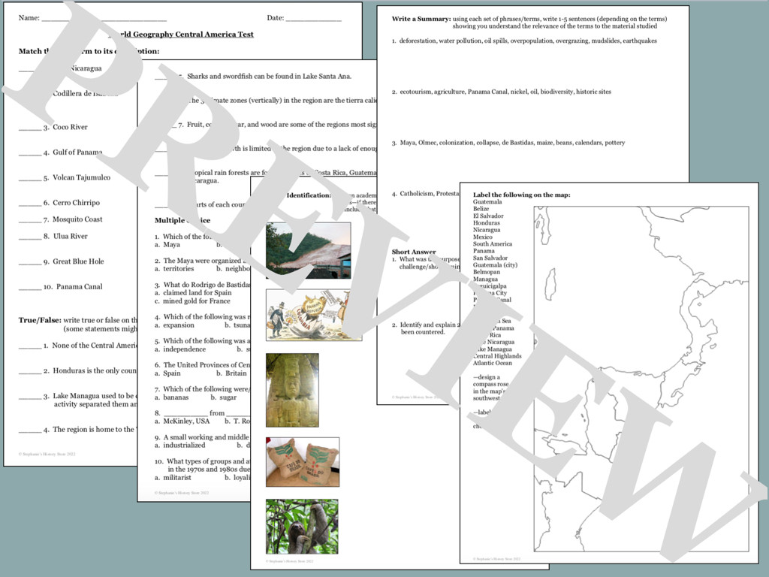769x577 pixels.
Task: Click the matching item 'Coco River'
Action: [70, 128]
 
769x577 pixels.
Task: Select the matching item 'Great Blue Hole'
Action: [78, 261]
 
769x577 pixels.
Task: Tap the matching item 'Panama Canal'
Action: [79, 287]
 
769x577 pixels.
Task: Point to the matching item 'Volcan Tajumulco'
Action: [81, 178]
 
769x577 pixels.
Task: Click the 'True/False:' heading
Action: [40, 320]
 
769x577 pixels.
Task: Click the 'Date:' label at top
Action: [276, 18]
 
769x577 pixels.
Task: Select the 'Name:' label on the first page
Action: [29, 18]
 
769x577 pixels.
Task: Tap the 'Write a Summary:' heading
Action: [421, 19]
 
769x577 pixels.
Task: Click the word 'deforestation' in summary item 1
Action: [418, 41]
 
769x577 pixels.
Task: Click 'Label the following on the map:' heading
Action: [521, 195]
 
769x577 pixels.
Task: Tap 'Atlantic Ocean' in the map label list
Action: [492, 364]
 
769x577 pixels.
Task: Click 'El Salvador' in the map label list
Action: [488, 216]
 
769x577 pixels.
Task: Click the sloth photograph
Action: [302, 526]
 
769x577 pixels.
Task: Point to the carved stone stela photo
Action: [292, 390]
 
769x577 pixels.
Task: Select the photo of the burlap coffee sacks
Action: [302, 461]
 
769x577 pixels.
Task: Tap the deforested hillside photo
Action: [308, 250]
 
